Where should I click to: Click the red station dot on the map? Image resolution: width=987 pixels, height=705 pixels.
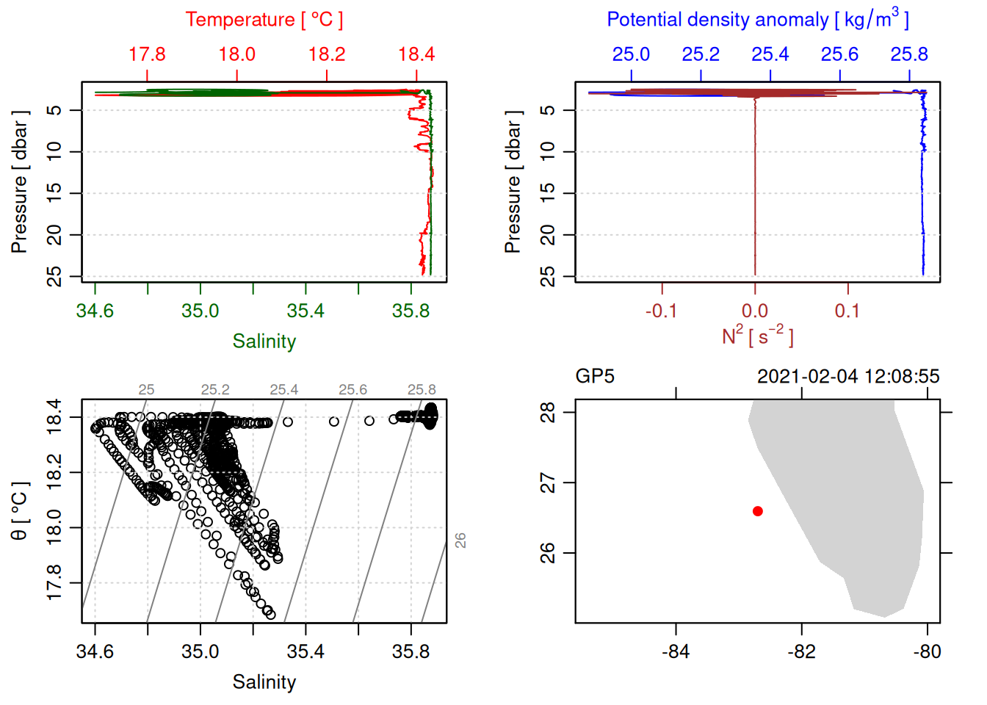click(x=758, y=511)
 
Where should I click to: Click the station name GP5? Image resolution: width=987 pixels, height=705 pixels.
click(x=595, y=377)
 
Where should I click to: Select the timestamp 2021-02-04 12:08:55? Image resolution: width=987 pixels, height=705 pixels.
click(x=848, y=377)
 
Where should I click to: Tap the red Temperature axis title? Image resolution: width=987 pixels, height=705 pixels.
click(x=264, y=20)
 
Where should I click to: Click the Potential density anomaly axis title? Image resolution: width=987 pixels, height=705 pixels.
click(x=757, y=20)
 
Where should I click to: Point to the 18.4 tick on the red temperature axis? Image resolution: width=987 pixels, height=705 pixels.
click(x=416, y=55)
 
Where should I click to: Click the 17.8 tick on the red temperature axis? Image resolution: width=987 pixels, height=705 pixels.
click(x=147, y=55)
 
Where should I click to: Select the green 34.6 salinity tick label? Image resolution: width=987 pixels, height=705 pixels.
click(x=95, y=311)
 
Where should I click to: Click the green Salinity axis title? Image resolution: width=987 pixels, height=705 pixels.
click(x=264, y=341)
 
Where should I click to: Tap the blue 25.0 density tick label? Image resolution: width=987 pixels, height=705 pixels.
click(x=631, y=55)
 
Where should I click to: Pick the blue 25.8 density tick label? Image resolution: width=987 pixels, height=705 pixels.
click(x=909, y=55)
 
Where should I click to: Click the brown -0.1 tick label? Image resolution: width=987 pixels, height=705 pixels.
click(x=661, y=311)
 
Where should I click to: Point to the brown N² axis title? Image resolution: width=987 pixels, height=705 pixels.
click(x=757, y=336)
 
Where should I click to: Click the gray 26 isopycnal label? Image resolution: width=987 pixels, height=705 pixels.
click(x=460, y=540)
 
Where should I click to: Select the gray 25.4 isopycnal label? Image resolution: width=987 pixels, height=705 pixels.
click(x=283, y=390)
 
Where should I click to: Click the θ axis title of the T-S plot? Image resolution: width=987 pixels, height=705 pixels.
click(x=20, y=511)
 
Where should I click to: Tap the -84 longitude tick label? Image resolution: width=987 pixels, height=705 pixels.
click(x=676, y=652)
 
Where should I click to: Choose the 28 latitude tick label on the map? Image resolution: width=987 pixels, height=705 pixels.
click(x=548, y=412)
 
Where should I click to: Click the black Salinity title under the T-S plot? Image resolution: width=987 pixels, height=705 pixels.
click(x=264, y=682)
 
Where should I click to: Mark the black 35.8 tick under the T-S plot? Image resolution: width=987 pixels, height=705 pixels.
click(x=411, y=652)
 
